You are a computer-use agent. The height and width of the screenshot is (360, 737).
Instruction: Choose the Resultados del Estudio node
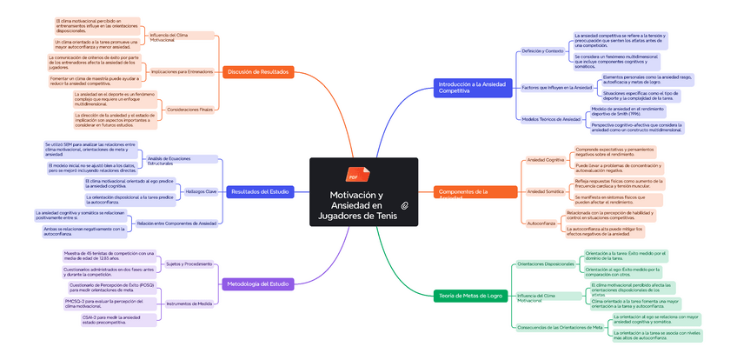pos(258,191)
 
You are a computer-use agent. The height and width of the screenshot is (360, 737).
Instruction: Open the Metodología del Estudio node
pos(258,283)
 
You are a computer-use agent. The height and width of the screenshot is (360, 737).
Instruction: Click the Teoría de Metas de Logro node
pos(470,296)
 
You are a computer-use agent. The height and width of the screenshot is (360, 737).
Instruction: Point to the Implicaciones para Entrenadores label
pos(182,72)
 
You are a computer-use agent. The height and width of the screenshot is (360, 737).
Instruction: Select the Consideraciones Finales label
pos(189,110)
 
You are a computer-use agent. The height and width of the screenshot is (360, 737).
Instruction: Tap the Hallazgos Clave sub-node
pos(201,191)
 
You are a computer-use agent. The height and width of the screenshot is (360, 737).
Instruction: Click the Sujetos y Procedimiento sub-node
pos(189,263)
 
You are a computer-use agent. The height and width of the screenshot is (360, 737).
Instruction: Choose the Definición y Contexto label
pos(542,51)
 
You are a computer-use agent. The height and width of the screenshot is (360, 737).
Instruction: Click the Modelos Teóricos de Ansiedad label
pos(551,119)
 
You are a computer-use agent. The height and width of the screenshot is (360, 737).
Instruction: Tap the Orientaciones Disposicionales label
pos(546,263)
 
